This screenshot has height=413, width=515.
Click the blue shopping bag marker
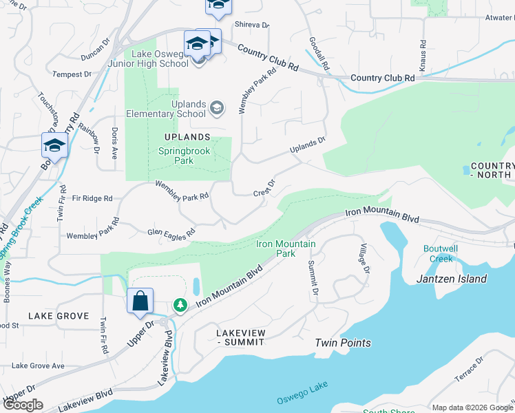[140, 301]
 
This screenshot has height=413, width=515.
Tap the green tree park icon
[180, 304]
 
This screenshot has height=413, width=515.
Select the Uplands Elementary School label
[178, 109]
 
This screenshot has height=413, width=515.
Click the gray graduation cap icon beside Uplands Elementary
[217, 107]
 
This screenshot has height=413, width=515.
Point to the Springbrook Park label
[176, 156]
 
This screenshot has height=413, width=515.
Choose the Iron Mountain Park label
[286, 248]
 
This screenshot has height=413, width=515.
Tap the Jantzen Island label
[452, 279]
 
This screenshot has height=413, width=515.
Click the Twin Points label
[343, 343]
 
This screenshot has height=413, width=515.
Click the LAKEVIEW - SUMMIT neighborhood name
[241, 337]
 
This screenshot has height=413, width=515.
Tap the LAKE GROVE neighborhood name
[59, 316]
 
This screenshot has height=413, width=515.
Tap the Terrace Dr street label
[470, 372]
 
